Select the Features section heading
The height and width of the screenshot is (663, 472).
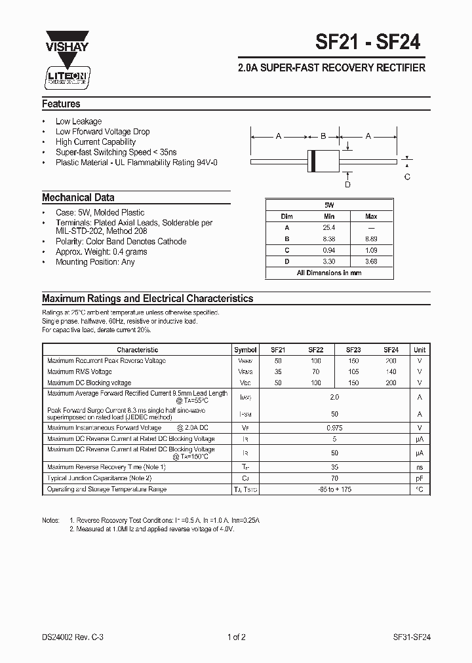[x=61, y=104]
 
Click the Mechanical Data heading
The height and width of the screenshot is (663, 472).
[x=78, y=197]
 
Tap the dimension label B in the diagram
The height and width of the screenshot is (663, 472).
[x=323, y=136]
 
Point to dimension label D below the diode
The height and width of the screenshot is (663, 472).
[x=347, y=184]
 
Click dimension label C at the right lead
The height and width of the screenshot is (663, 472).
[x=407, y=177]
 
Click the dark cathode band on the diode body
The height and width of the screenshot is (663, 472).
[x=313, y=160]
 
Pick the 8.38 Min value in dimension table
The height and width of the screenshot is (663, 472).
[x=329, y=239]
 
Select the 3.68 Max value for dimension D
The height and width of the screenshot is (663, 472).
[x=371, y=261]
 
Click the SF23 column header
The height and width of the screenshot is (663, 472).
[x=353, y=350]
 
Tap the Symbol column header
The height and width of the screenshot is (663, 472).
[x=245, y=350]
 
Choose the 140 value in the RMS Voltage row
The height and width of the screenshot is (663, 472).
[x=391, y=371]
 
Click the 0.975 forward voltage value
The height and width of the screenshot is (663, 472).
[x=334, y=428]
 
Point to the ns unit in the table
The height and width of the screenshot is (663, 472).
[x=420, y=467]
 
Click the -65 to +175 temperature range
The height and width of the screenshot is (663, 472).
[x=334, y=489]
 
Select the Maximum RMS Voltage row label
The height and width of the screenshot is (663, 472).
[x=80, y=371]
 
